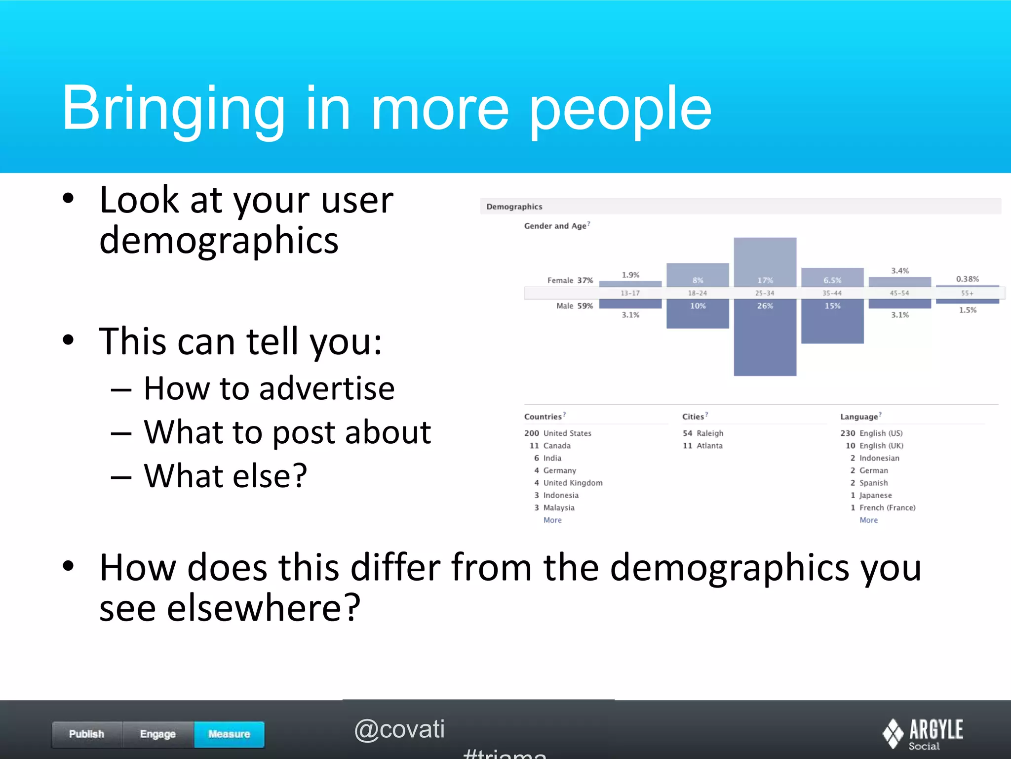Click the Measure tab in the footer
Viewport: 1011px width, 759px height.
click(x=229, y=734)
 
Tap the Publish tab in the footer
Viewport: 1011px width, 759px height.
click(x=87, y=734)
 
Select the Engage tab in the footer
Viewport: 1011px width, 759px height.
click(x=158, y=734)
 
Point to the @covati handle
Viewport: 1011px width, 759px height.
click(x=399, y=729)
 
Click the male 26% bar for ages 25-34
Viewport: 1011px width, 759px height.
click(x=765, y=341)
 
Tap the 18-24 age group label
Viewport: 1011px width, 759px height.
click(x=698, y=293)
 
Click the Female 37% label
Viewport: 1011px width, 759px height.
click(x=570, y=280)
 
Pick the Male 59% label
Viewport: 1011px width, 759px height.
click(x=575, y=306)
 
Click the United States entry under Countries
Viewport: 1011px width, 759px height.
click(x=567, y=433)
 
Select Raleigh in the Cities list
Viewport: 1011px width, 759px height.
click(x=709, y=433)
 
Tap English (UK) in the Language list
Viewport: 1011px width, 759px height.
click(x=881, y=446)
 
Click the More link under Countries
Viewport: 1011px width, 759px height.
click(x=552, y=520)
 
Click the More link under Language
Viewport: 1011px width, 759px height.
click(x=868, y=520)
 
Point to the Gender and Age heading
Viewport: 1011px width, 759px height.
click(x=555, y=226)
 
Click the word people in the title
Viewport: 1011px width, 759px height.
click(x=620, y=110)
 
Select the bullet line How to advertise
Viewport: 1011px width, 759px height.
click(x=269, y=388)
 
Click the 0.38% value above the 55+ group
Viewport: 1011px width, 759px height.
click(x=967, y=279)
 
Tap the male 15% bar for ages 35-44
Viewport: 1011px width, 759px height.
click(x=832, y=321)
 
